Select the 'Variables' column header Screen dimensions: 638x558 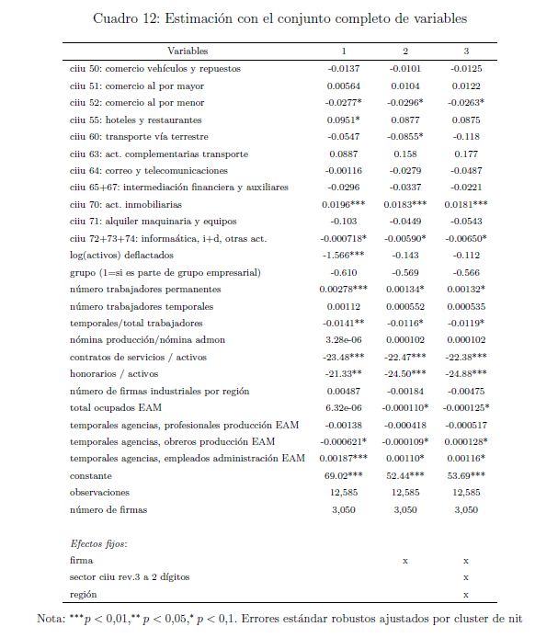coord(188,51)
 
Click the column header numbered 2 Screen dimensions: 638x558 coord(405,51)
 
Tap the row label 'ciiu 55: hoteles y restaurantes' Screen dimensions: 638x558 coord(136,120)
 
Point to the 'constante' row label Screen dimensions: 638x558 coord(91,475)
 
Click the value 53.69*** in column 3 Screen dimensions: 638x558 coord(466,475)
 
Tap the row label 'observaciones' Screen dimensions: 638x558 coord(99,493)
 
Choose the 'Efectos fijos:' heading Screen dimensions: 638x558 coord(98,543)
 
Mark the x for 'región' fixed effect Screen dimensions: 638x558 coord(466,595)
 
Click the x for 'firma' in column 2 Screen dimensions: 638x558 coord(405,560)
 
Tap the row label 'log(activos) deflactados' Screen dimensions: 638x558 coord(123,256)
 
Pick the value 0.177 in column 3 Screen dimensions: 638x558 coord(466,154)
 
